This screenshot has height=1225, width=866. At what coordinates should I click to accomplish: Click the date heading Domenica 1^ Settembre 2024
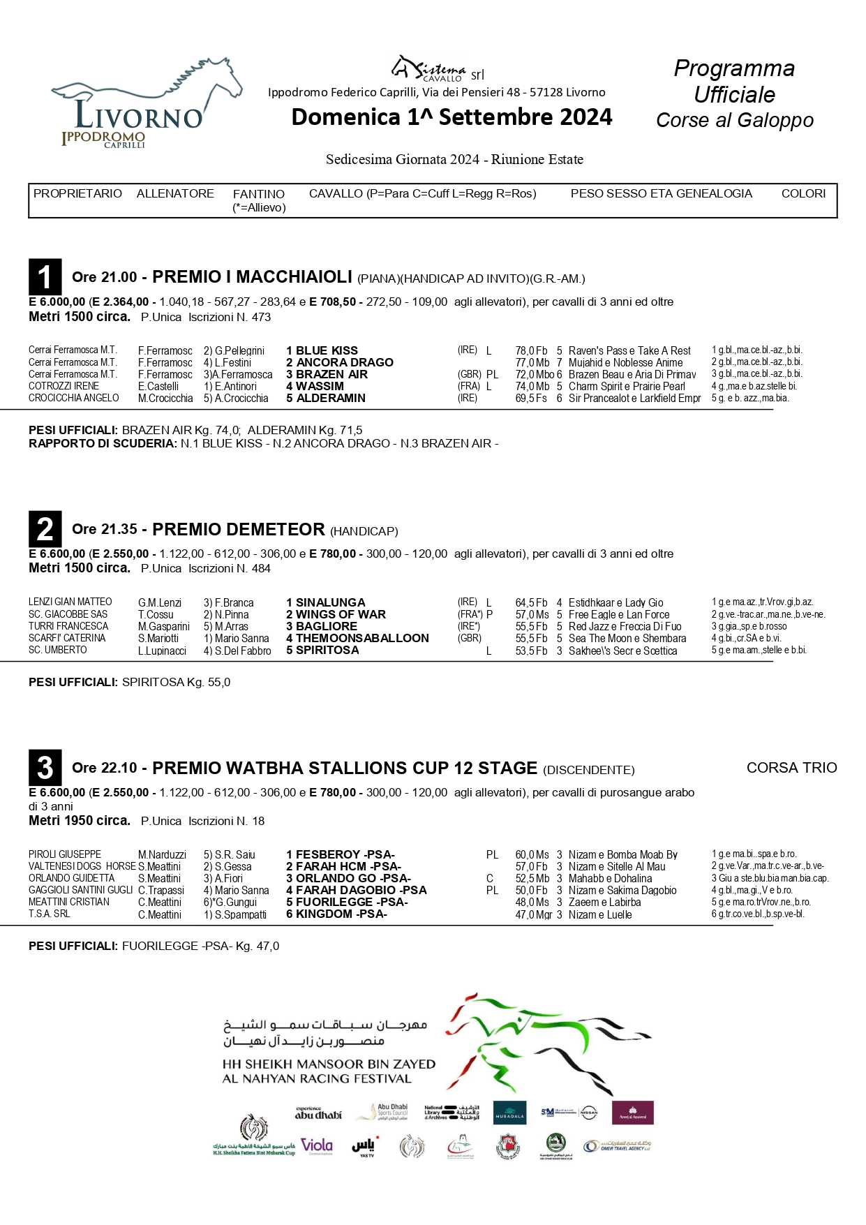tap(451, 117)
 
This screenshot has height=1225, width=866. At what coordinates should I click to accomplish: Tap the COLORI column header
tap(802, 193)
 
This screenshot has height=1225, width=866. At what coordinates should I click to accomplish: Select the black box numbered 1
tap(45, 276)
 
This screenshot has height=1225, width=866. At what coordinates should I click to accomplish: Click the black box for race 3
tap(45, 767)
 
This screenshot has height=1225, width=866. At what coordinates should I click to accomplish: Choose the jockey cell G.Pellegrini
tap(234, 350)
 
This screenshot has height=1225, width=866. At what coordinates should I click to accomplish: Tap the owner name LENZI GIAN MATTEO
tap(70, 602)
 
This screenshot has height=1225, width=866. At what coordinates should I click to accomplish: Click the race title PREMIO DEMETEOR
tap(238, 529)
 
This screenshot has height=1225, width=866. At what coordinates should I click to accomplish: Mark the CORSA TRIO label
tap(791, 768)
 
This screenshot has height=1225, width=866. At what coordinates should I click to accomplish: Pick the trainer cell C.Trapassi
tap(161, 890)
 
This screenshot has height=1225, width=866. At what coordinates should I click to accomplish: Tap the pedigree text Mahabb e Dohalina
tap(610, 878)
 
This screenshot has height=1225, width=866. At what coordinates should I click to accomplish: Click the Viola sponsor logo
tap(317, 1145)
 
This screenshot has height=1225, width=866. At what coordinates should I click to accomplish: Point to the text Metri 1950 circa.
tap(80, 820)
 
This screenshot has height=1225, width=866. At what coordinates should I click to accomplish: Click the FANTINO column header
tap(259, 194)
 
